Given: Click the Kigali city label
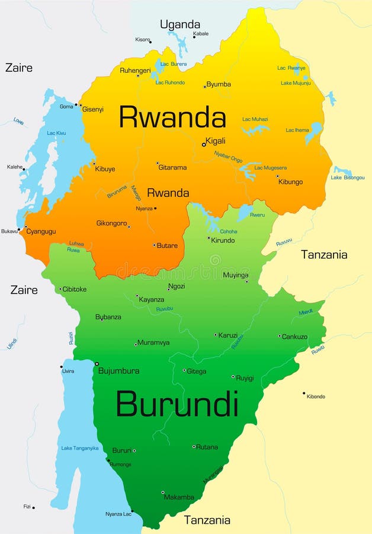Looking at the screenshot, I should tap(216, 141).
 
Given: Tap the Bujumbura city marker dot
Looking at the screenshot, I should tap(97, 364).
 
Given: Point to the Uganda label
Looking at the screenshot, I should tap(180, 24).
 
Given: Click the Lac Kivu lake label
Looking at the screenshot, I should tap(56, 133).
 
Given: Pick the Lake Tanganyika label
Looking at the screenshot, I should tap(80, 448).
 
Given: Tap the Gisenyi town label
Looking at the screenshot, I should tap(93, 109).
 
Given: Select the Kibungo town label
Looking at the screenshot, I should tap(290, 182).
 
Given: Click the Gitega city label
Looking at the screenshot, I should tap(196, 371).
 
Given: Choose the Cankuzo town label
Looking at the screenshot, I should tap(294, 337).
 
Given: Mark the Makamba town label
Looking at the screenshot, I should tap(179, 497).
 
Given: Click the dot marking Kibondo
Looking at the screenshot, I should tap(304, 393).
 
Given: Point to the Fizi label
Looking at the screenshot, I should tap(27, 507).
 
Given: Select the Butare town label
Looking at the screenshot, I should tap(167, 246).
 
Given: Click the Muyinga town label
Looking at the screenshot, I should tap(235, 275).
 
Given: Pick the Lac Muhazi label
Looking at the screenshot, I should tap(255, 119).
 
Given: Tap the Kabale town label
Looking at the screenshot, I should tap(201, 34).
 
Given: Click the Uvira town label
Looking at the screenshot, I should tap(68, 371).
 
